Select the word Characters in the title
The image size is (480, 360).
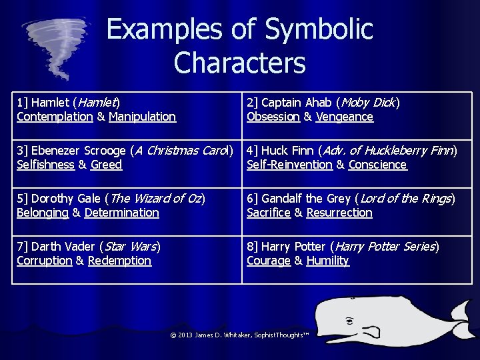pyautogui.click(x=239, y=63)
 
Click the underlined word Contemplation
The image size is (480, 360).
pyautogui.click(x=55, y=117)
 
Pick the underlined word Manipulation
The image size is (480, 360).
pyautogui.click(x=142, y=117)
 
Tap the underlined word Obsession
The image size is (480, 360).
pyautogui.click(x=273, y=117)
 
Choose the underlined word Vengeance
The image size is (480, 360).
pyautogui.click(x=345, y=117)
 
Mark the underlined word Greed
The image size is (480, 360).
pyautogui.click(x=107, y=165)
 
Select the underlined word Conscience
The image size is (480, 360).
pyautogui.click(x=377, y=165)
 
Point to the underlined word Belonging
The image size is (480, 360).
pyautogui.click(x=43, y=213)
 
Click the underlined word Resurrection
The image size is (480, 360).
pyautogui.click(x=339, y=213)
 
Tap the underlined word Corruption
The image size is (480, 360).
pyautogui.click(x=44, y=261)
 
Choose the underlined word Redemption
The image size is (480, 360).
pyautogui.click(x=119, y=261)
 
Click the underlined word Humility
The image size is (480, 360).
pyautogui.click(x=327, y=261)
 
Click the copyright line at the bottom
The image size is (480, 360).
pyautogui.click(x=240, y=335)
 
